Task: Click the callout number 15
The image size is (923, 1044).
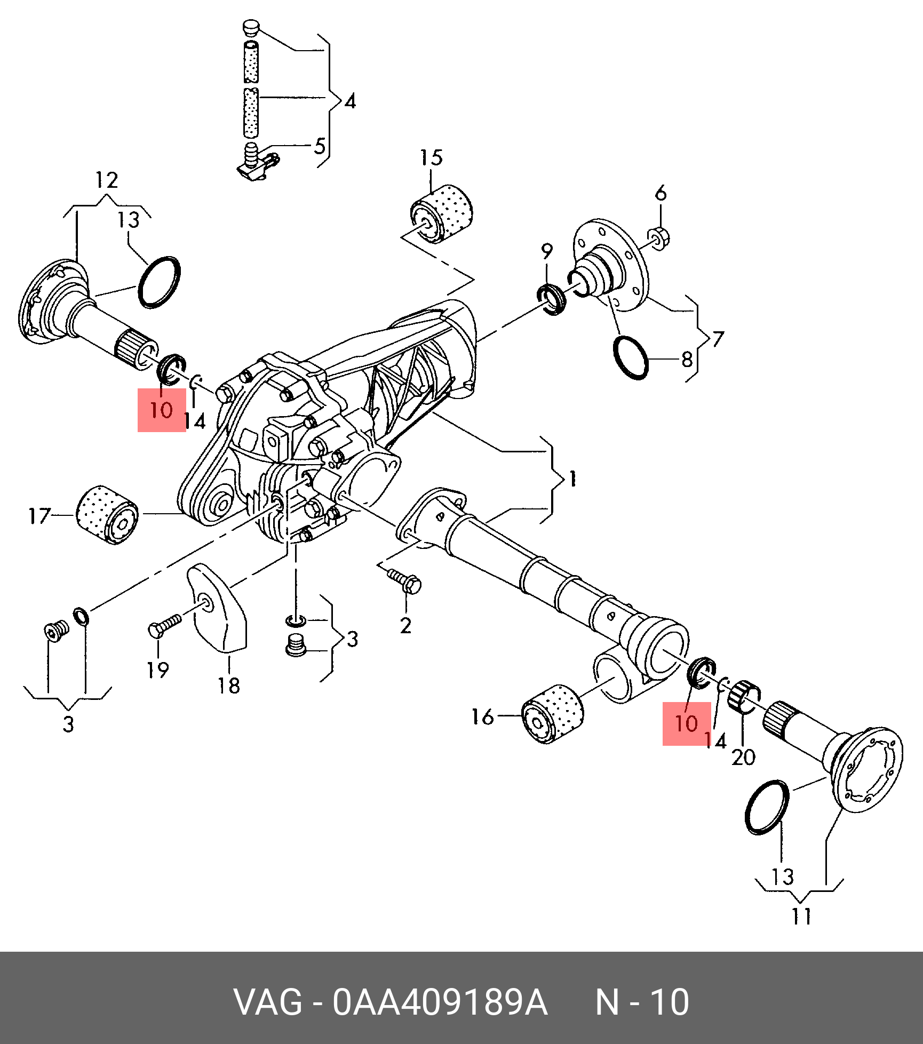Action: tap(431, 157)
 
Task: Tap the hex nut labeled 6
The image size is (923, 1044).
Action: tap(659, 237)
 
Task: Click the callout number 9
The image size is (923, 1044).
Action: tap(547, 251)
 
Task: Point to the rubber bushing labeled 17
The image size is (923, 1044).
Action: tap(107, 515)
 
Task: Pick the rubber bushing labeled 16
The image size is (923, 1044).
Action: tap(552, 713)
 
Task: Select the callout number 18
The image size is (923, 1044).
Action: tap(229, 686)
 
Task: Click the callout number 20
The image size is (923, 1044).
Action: tap(743, 756)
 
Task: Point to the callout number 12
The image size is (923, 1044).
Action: tap(107, 180)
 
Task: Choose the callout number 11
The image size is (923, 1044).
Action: tap(801, 916)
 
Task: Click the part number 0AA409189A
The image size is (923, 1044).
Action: tap(440, 1002)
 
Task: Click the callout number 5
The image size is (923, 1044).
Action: tap(320, 146)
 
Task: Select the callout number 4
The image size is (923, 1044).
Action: tap(350, 101)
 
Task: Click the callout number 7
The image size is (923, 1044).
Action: tap(718, 339)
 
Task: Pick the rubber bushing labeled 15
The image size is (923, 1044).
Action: tap(443, 214)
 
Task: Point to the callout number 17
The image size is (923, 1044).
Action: tap(39, 515)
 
